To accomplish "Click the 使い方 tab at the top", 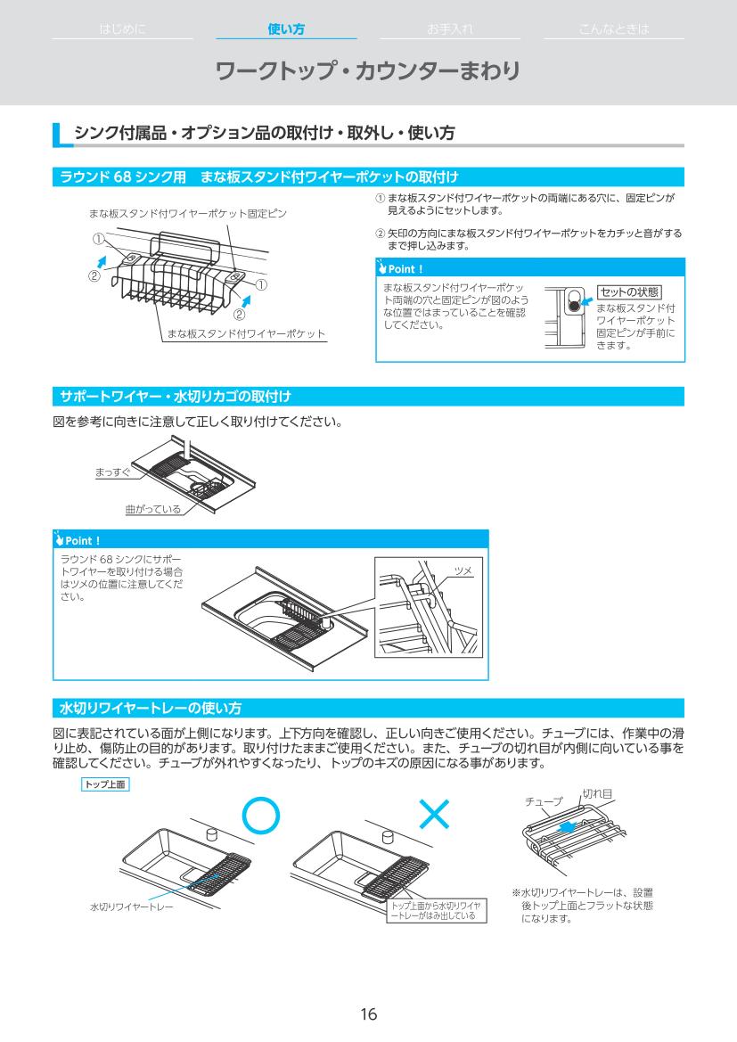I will pos(286,29).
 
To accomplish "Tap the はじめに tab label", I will pos(122,29).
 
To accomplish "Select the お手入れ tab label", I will pos(449,29).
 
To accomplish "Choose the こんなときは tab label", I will pos(613,29).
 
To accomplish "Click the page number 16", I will pos(368,1014).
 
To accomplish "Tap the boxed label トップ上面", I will pos(105,784).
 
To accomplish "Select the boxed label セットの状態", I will pos(629,292).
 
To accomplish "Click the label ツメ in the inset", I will pos(463,570).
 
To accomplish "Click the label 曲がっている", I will pos(152,510).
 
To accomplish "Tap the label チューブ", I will pos(544,801).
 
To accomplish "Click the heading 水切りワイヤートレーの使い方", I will pos(151,709).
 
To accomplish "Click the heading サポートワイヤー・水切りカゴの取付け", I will pos(176,395).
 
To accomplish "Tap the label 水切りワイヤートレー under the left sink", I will pos(131,907).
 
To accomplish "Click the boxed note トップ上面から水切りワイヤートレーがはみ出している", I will pos(437,909).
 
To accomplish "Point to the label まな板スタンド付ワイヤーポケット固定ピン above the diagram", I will pos(187,214).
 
